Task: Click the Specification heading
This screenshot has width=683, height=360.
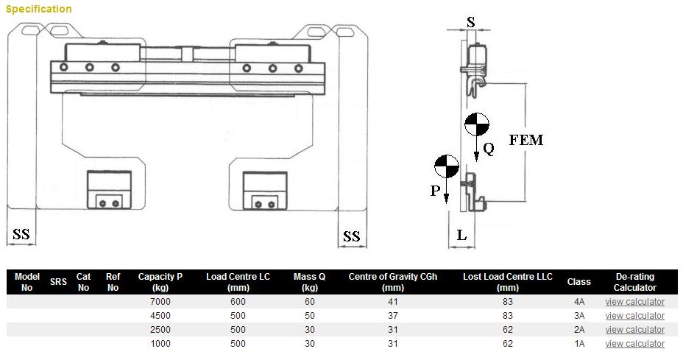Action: click(39, 9)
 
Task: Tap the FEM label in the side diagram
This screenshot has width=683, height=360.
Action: click(525, 140)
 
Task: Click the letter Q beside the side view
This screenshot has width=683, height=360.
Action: click(489, 149)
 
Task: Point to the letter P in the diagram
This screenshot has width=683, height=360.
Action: click(435, 191)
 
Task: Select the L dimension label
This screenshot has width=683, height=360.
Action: click(461, 236)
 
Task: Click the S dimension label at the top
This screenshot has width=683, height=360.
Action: click(471, 22)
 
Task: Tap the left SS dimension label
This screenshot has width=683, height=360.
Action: click(21, 235)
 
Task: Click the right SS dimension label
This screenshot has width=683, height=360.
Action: click(352, 236)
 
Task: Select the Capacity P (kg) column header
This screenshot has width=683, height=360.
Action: click(160, 282)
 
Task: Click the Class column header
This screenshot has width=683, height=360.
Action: click(579, 282)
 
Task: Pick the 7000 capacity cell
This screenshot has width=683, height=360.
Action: click(160, 302)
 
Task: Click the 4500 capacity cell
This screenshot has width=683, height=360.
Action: click(160, 316)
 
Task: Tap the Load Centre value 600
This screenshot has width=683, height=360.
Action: click(238, 302)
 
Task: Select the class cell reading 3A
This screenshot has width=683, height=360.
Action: click(579, 316)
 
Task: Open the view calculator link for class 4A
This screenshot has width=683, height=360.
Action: click(634, 302)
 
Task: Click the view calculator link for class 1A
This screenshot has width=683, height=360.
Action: click(634, 344)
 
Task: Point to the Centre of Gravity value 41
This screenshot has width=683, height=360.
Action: click(393, 302)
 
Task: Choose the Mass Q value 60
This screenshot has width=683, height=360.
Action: click(309, 302)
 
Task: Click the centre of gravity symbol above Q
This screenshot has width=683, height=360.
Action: click(477, 124)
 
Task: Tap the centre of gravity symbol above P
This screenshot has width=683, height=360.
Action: click(447, 166)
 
